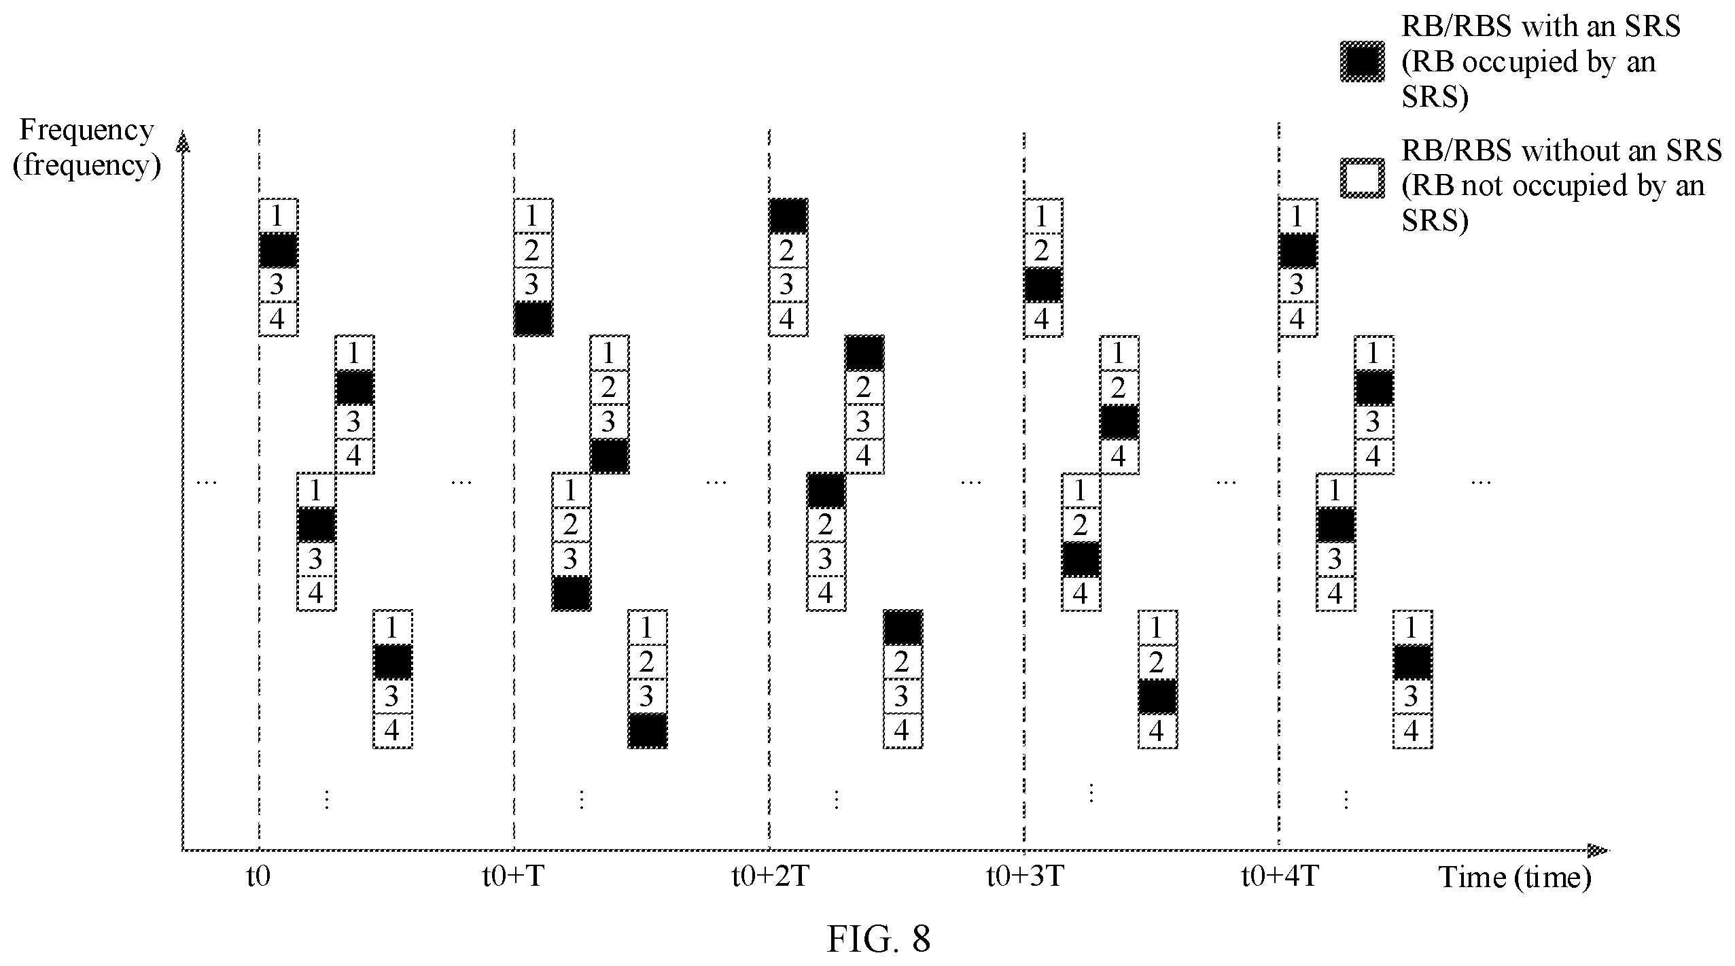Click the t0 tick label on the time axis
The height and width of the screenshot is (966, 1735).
click(258, 877)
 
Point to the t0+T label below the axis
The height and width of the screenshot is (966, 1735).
click(513, 877)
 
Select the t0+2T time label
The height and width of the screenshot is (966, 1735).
click(769, 877)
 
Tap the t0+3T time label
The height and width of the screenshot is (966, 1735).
click(1024, 877)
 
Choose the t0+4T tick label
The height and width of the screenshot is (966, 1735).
click(1280, 877)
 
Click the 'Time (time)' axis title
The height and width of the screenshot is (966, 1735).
click(1515, 878)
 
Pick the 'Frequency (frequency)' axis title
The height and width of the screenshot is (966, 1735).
click(87, 148)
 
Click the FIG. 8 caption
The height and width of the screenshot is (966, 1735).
click(878, 939)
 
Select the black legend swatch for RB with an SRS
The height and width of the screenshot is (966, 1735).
click(1362, 62)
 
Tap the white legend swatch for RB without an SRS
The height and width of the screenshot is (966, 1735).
click(1362, 179)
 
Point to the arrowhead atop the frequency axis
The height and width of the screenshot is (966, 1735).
click(182, 142)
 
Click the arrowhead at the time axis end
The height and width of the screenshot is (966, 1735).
click(1598, 850)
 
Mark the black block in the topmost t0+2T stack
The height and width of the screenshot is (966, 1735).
click(788, 216)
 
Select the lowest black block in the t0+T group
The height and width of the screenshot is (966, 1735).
click(648, 731)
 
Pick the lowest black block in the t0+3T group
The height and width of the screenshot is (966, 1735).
click(1157, 697)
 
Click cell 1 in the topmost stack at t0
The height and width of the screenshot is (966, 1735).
click(278, 216)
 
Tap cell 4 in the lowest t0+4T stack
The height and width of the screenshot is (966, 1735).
click(1412, 731)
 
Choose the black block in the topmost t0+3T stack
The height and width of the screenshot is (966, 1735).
click(1043, 285)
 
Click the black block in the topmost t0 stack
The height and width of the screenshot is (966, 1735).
click(278, 250)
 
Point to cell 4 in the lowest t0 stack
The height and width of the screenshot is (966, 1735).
click(393, 731)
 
